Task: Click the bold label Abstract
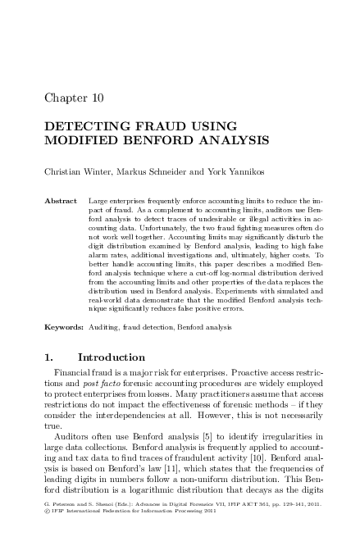(x=61, y=200)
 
